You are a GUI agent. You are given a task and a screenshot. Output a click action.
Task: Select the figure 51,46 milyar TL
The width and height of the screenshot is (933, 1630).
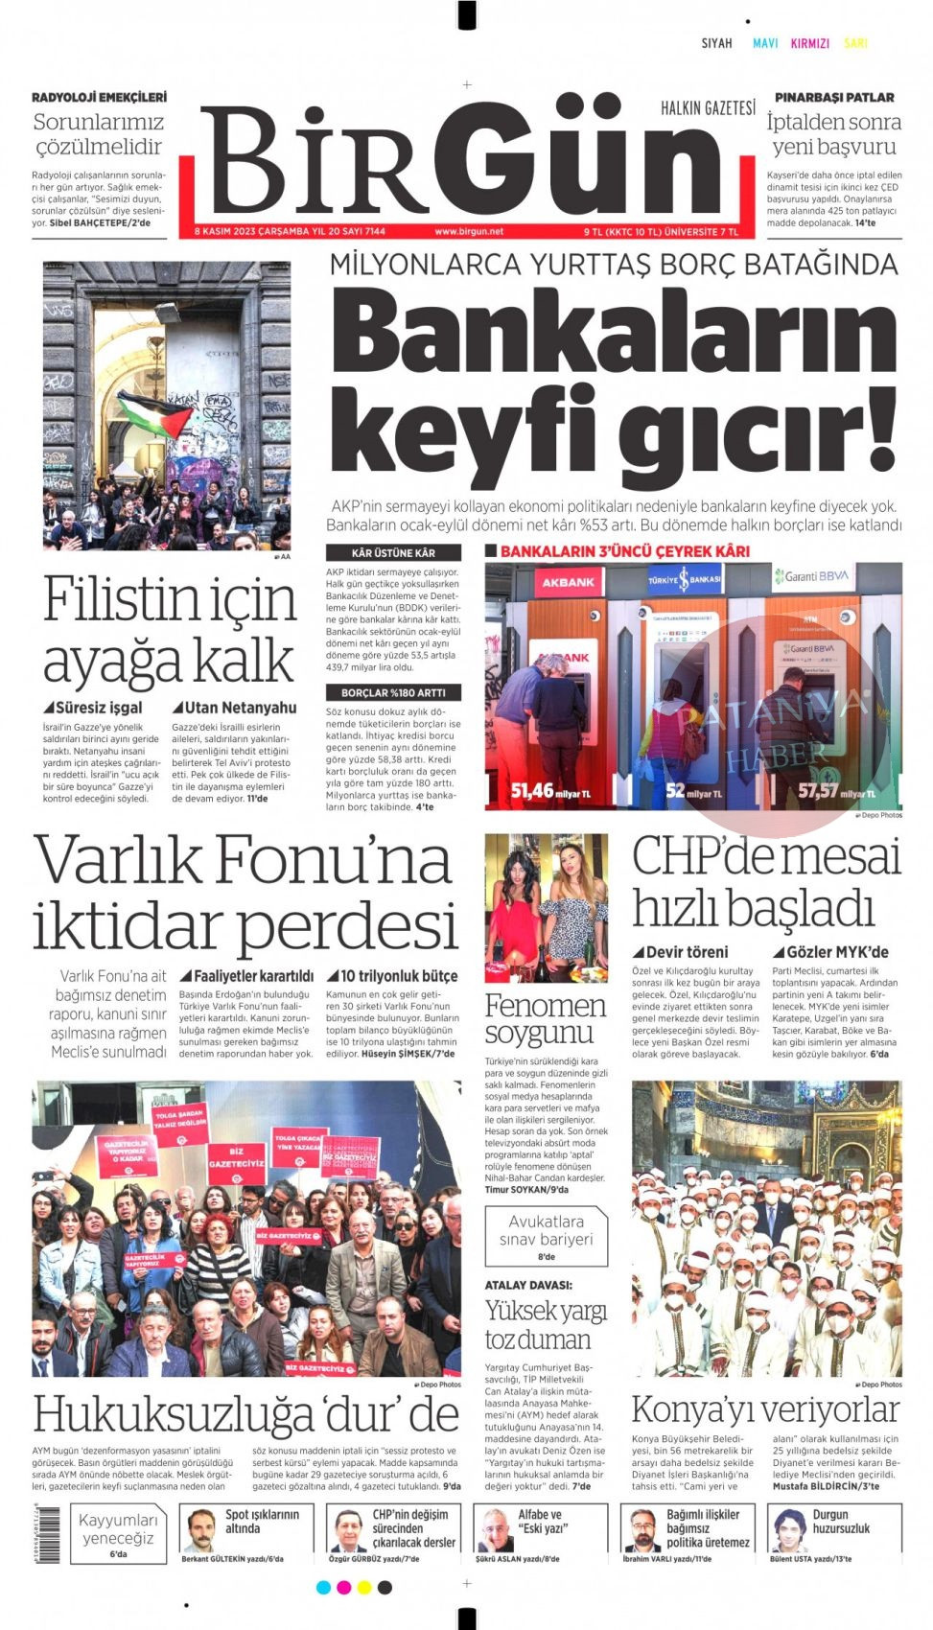[x=550, y=791]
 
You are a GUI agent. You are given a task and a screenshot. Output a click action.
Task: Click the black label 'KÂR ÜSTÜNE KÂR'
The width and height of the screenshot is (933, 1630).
[x=393, y=553]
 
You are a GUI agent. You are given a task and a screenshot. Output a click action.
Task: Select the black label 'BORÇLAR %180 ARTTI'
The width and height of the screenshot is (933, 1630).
[x=393, y=692]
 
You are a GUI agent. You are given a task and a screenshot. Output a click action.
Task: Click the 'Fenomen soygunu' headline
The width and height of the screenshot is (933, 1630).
[x=545, y=1018]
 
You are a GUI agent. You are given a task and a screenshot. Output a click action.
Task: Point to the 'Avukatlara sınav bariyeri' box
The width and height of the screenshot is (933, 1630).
[x=546, y=1236]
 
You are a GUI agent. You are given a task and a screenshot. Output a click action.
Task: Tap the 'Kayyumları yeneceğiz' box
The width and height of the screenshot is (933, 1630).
[x=118, y=1533]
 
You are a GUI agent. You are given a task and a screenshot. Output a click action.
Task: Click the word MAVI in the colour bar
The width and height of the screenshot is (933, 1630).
[x=765, y=43]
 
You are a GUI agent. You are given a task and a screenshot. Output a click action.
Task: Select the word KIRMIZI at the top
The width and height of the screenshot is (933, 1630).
[x=809, y=43]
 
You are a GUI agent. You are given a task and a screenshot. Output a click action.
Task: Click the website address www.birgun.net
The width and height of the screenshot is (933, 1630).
[x=468, y=231]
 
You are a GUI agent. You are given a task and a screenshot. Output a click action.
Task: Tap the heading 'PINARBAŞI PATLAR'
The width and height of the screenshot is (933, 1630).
[x=833, y=98]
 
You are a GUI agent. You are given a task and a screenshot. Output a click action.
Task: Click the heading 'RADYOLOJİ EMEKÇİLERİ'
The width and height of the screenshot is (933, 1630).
[x=99, y=98]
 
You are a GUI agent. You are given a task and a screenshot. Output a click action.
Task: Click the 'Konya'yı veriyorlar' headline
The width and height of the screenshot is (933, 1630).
[x=764, y=1409]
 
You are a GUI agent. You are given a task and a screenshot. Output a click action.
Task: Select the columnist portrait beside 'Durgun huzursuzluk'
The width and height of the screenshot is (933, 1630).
[x=789, y=1530]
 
